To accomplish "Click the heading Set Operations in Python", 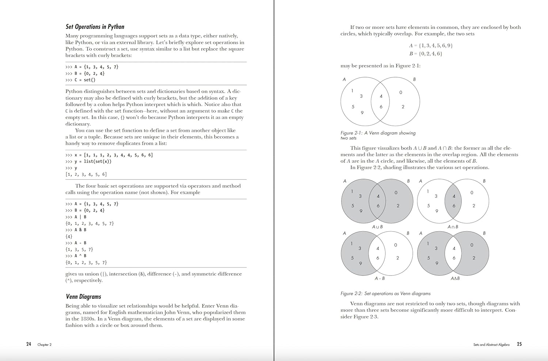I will click(95, 27).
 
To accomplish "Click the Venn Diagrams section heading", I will click(83, 297).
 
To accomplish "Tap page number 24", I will click(28, 344).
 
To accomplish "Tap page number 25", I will click(519, 344).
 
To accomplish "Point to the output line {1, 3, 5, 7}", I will click(79, 250).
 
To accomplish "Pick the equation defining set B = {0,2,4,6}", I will click(426, 54).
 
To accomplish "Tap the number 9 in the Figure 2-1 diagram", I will click(362, 113).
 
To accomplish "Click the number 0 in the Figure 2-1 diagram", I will click(401, 93).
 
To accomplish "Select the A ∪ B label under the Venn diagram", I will click(377, 227).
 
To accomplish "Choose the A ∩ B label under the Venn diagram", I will click(453, 227).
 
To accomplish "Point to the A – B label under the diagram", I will click(380, 278).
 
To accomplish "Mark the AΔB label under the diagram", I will click(455, 278).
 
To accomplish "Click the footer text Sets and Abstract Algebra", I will click(491, 345).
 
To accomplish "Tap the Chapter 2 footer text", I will click(45, 345).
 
